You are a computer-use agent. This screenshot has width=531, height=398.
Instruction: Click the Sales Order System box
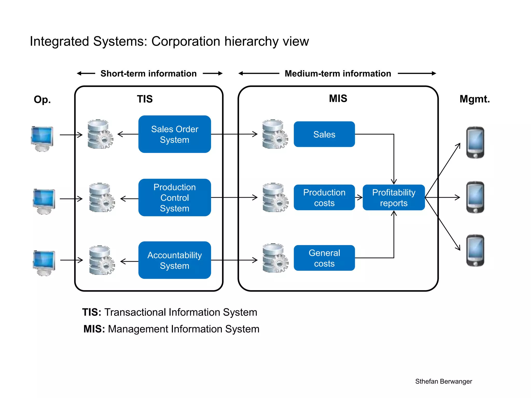click(174, 134)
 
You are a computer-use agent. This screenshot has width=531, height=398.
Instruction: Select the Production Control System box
click(174, 197)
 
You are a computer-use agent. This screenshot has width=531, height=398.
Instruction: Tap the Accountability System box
click(174, 260)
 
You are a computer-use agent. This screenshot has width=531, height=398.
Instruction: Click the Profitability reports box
click(394, 197)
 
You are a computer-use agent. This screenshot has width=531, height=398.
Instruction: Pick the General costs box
click(324, 258)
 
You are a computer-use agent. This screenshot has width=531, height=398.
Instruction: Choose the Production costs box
click(324, 197)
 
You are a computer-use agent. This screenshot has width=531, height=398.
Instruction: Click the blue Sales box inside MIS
click(324, 134)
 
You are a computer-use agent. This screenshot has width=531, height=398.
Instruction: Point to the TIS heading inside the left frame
click(145, 99)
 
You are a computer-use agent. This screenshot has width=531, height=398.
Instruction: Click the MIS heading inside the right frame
click(338, 98)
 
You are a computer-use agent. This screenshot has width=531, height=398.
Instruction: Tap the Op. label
click(42, 99)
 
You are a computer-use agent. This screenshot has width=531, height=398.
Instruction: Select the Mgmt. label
click(474, 99)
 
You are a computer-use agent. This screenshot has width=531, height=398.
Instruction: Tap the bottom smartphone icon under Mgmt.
click(475, 250)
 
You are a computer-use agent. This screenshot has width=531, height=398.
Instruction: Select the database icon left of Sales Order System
click(100, 134)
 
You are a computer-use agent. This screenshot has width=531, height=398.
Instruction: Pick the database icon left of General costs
click(275, 258)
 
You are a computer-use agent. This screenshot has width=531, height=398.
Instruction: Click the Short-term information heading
click(149, 74)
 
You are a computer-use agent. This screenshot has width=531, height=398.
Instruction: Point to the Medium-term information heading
click(338, 74)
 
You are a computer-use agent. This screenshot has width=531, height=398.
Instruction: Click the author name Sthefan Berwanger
click(443, 381)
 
